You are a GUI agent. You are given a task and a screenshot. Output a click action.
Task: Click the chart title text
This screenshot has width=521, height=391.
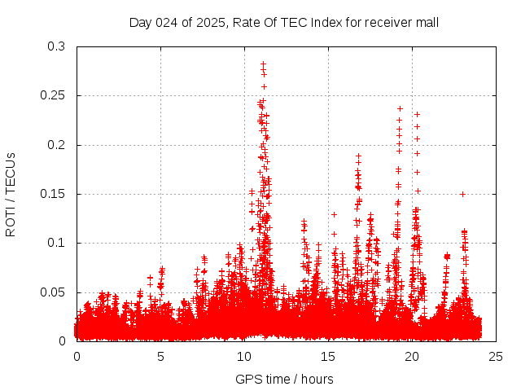click(x=284, y=22)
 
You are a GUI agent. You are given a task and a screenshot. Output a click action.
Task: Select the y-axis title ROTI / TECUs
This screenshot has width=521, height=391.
click(x=11, y=194)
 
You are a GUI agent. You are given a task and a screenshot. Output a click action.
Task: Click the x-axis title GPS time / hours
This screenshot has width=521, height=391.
click(x=284, y=379)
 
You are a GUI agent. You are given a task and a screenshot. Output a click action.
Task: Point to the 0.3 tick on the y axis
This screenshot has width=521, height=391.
click(x=56, y=47)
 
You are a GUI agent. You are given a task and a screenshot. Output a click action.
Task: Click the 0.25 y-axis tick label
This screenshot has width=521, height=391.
click(x=53, y=96)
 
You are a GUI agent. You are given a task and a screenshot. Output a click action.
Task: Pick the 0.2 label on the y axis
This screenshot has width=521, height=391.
click(x=56, y=145)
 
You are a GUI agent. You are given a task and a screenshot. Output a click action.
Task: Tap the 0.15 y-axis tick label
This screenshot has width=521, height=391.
click(x=53, y=194)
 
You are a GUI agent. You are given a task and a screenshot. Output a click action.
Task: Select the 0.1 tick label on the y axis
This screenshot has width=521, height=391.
click(x=56, y=243)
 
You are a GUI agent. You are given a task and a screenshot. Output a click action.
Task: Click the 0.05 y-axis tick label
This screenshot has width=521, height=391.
click(x=53, y=292)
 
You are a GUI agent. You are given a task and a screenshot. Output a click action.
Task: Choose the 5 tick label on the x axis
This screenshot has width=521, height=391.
click(x=161, y=356)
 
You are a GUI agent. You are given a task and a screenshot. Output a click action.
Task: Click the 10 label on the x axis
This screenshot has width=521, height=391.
click(x=245, y=356)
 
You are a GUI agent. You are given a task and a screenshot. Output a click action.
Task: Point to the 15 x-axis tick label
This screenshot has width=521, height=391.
click(x=329, y=356)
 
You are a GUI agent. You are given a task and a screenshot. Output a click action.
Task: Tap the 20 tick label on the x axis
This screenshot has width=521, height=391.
click(x=413, y=356)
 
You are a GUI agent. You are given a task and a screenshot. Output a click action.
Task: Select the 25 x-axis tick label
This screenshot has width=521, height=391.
click(x=497, y=356)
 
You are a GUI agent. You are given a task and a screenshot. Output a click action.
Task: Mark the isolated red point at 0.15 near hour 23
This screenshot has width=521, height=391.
click(x=462, y=194)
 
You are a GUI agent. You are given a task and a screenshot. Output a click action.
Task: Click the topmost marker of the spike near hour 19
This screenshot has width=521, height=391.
click(x=400, y=108)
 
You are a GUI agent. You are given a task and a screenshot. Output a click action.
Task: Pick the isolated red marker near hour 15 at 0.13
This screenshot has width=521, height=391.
click(x=334, y=214)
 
